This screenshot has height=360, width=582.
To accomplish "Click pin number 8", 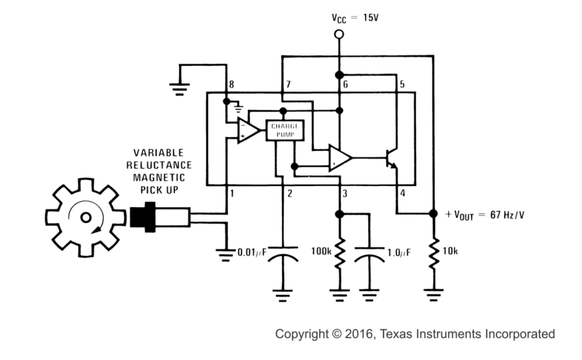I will click(x=231, y=85).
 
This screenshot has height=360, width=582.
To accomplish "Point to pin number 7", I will click(x=288, y=85).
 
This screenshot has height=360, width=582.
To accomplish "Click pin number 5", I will click(x=402, y=85).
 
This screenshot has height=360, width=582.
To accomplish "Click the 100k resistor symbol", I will click(x=339, y=255).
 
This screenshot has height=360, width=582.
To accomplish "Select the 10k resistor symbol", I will click(x=433, y=255).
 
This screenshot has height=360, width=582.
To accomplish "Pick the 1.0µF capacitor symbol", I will click(x=370, y=259).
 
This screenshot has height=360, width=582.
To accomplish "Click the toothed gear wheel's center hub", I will click(x=86, y=217).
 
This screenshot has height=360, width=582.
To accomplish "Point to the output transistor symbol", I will click(x=391, y=159).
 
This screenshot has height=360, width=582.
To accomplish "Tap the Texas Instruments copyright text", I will click(x=415, y=334).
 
